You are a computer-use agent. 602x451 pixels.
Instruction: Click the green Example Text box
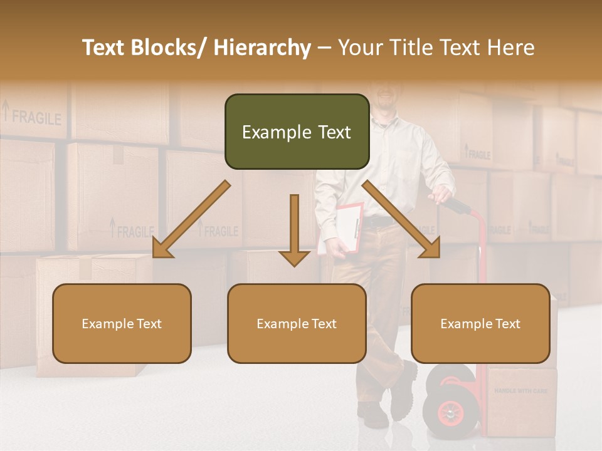[297, 132]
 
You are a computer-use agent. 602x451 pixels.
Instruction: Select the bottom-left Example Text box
[122, 323]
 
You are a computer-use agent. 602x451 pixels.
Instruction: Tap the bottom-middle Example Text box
[297, 323]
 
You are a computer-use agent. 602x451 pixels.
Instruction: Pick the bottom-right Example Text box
[480, 323]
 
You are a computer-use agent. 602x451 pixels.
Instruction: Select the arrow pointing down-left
[191, 220]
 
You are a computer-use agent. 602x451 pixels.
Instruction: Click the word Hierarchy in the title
[261, 48]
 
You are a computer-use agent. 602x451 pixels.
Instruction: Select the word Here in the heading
[510, 48]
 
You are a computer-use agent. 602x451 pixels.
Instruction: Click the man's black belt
[380, 221]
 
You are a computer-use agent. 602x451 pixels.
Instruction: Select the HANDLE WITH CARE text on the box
[520, 391]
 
